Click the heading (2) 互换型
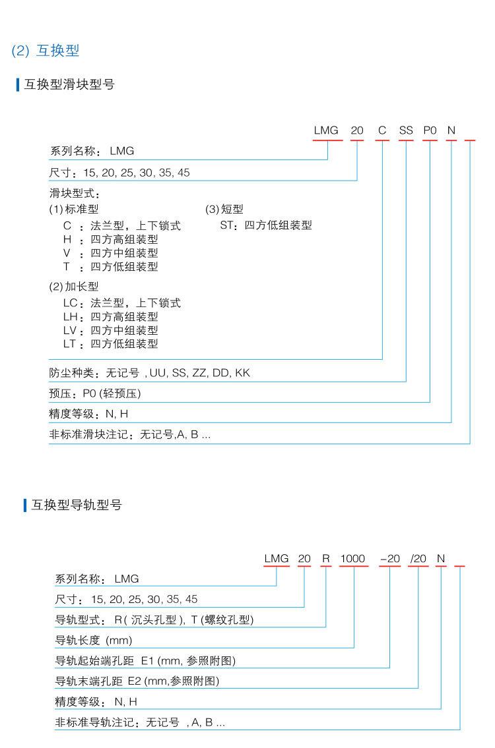[x=46, y=51]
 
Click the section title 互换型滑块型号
[x=69, y=84]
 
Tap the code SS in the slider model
[x=405, y=130]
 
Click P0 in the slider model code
[x=430, y=130]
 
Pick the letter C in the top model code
[x=382, y=130]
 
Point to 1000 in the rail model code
[x=352, y=559]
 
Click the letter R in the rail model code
[x=325, y=559]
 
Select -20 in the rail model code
[x=390, y=559]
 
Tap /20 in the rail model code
[x=418, y=559]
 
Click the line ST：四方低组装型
[x=266, y=225]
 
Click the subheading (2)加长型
[x=74, y=287]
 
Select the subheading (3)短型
[x=224, y=210]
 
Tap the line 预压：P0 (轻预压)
[x=95, y=394]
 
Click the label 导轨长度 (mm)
[x=93, y=640]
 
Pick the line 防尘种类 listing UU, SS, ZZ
[x=150, y=373]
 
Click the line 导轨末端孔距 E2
[x=137, y=681]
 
